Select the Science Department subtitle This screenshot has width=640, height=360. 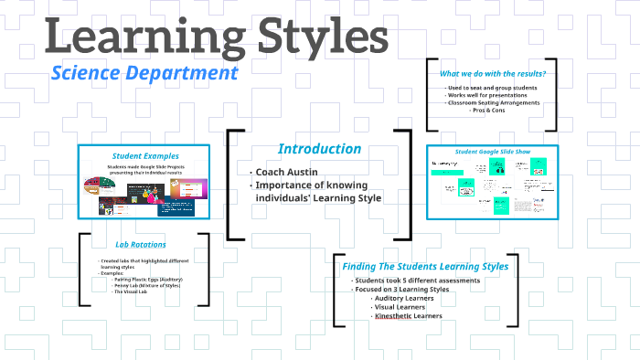[x=144, y=72]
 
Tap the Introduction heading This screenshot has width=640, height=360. [x=319, y=149]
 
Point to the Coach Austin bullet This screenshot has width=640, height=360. [x=286, y=172]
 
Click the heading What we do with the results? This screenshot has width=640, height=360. [x=493, y=73]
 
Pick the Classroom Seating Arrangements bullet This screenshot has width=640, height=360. [x=493, y=102]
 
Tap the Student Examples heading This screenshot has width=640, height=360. [x=145, y=156]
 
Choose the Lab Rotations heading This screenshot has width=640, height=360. [x=141, y=245]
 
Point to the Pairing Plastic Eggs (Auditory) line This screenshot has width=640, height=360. [x=147, y=279]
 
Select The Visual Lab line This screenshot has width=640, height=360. [x=129, y=291]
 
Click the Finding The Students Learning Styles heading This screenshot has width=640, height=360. [x=425, y=266]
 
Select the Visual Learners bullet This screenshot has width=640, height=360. [x=399, y=307]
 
